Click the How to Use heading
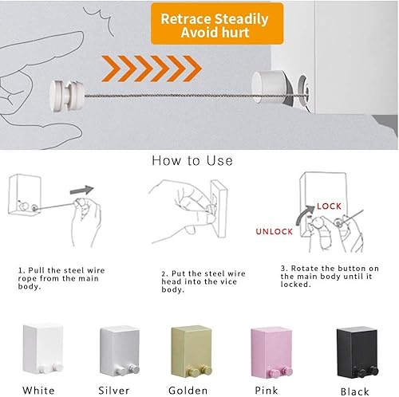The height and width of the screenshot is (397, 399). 192,160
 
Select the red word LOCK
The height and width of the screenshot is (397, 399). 329,206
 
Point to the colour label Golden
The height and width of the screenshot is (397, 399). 189,389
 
